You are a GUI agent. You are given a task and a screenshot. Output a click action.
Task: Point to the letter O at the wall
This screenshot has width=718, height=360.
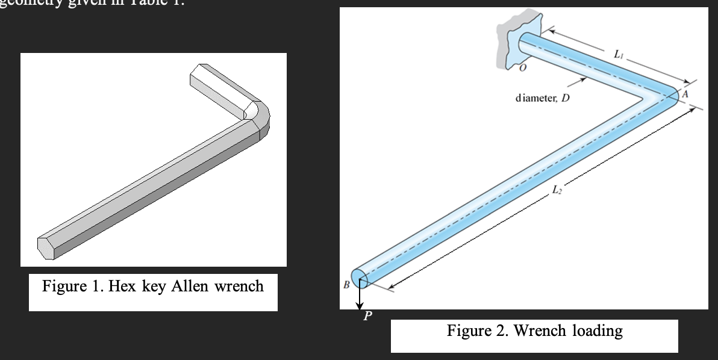pyautogui.click(x=522, y=70)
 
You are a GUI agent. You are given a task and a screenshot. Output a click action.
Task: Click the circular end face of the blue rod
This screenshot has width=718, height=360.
pyautogui.click(x=359, y=279)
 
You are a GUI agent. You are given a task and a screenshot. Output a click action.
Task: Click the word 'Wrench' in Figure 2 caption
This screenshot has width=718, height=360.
pyautogui.click(x=537, y=331)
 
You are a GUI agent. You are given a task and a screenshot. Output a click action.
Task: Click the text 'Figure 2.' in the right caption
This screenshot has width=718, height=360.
pyautogui.click(x=478, y=331)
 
